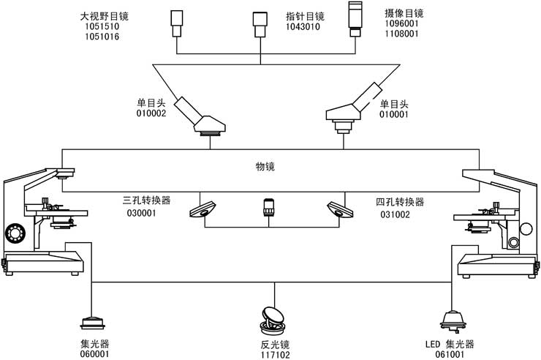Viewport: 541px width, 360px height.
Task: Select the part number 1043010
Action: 303,27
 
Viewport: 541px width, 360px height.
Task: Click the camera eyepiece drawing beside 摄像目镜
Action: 357,19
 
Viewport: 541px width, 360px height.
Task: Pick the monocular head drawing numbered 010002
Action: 204,116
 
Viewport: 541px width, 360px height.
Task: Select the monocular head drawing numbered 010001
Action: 351,109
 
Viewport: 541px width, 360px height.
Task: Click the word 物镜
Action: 265,167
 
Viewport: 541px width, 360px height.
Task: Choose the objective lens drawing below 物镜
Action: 268,209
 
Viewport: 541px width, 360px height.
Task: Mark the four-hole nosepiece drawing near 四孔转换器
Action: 339,209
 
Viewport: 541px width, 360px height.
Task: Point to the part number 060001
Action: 94,354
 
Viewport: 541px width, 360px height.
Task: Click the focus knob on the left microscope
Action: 15,233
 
